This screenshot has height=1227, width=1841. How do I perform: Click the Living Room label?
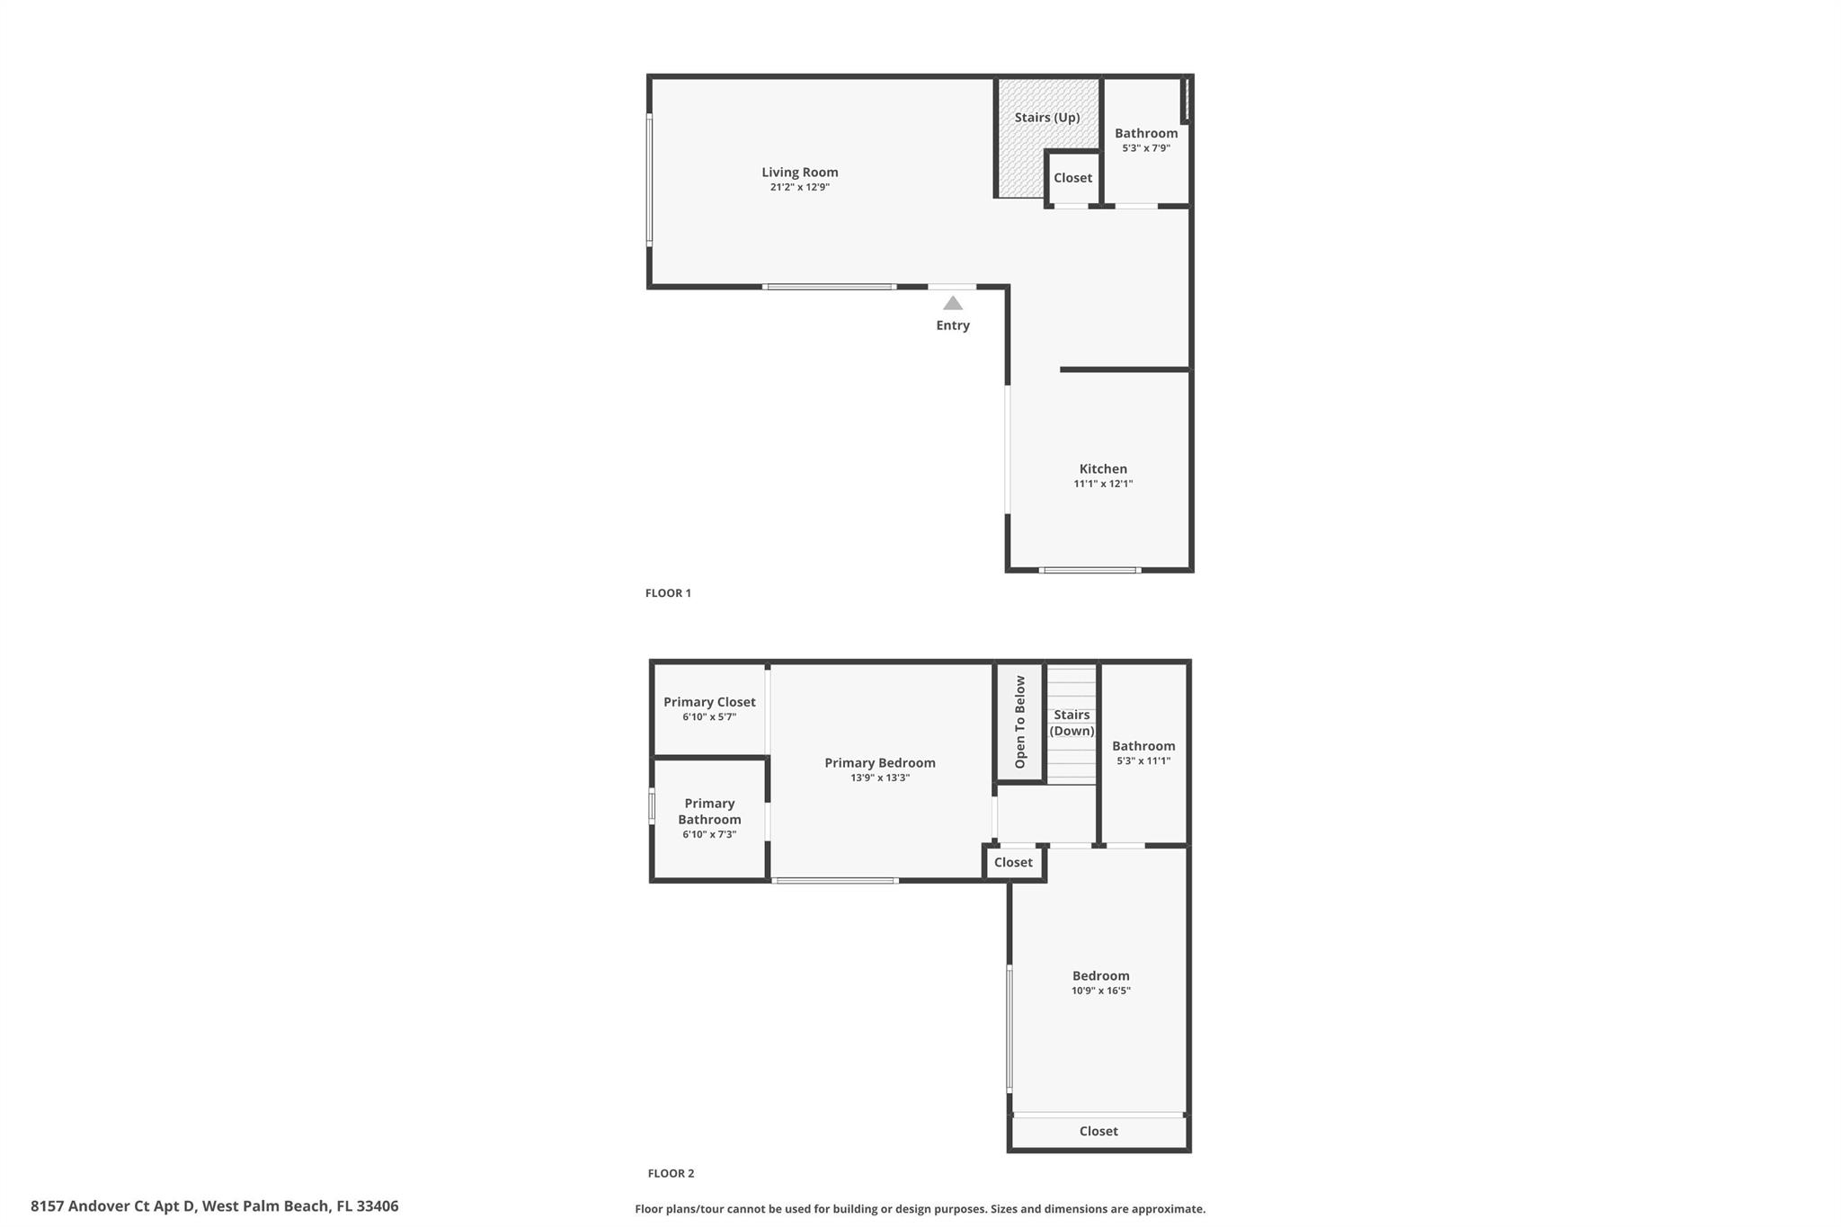coord(799,172)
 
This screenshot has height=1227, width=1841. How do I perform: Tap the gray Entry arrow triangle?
coord(953,304)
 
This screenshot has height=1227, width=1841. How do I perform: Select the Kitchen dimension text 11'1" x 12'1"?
coord(1103,484)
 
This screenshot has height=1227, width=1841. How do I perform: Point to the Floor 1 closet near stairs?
coord(1072,178)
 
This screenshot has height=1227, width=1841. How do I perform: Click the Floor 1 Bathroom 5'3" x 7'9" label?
coord(1146,139)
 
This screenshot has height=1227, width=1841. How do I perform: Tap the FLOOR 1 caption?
coord(668,593)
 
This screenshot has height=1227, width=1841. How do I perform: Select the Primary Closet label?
coord(709,702)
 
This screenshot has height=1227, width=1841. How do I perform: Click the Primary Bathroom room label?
coord(709,811)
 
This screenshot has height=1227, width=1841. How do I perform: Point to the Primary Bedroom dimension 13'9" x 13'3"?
coord(880,778)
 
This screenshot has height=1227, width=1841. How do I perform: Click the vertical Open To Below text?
coord(1020,722)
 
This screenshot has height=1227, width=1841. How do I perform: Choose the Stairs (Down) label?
coord(1072,723)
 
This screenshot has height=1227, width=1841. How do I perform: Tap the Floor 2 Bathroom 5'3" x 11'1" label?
coord(1143,752)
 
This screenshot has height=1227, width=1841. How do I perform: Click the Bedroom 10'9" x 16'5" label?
coord(1100,982)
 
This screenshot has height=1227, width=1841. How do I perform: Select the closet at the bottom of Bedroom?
coord(1098,1131)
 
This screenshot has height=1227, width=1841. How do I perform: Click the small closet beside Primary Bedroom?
coord(1013,862)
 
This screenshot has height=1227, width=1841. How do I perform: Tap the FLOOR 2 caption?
coord(671,1173)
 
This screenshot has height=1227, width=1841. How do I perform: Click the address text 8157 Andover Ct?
coord(214,1205)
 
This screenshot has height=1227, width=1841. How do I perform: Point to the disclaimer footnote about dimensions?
coord(920,1209)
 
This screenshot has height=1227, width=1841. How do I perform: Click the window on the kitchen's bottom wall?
coord(1089,570)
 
